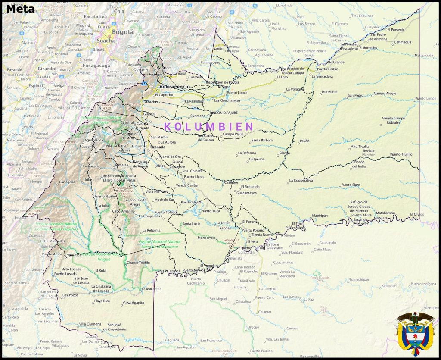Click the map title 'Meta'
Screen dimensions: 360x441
[x=20, y=8]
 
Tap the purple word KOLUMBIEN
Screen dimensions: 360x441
[x=209, y=127]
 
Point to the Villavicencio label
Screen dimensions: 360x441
[x=174, y=87]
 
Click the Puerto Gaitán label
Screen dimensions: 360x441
[x=327, y=69]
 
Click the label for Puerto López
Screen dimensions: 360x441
[x=237, y=93]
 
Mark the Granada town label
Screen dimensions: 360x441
[x=158, y=147]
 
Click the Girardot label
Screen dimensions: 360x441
[x=47, y=68]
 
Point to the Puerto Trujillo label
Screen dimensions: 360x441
[x=401, y=154]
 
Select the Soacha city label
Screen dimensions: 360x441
[x=106, y=41]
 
